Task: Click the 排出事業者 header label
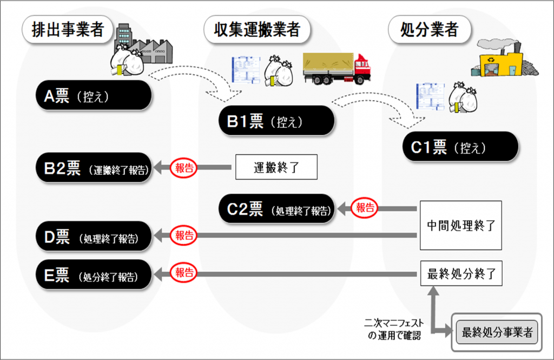[x=67, y=29]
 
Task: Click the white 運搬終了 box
[x=275, y=168]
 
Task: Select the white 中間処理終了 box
[x=461, y=225]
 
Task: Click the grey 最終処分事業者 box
[x=497, y=332]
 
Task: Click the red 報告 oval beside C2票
[x=365, y=207]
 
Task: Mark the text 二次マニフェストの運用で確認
[x=394, y=330]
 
